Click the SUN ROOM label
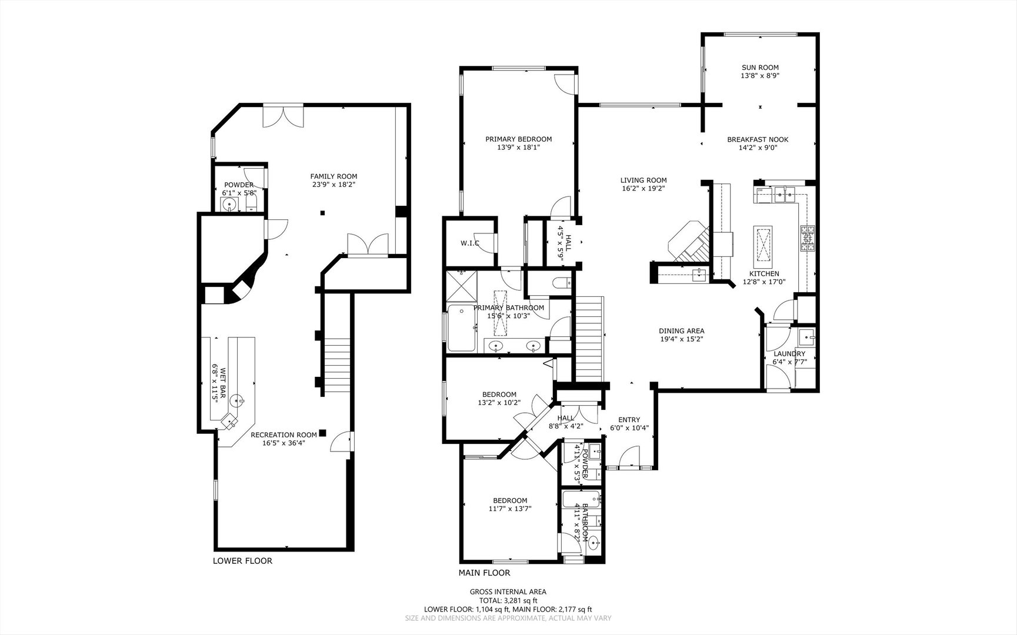(760, 68)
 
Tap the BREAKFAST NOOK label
(758, 139)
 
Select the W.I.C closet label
(470, 243)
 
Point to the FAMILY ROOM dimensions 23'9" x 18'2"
(334, 185)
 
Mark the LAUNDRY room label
(789, 353)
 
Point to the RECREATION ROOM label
(284, 435)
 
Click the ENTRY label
(629, 419)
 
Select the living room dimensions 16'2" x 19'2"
(643, 189)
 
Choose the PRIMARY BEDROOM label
(518, 139)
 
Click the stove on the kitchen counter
(807, 239)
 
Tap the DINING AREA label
(681, 330)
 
